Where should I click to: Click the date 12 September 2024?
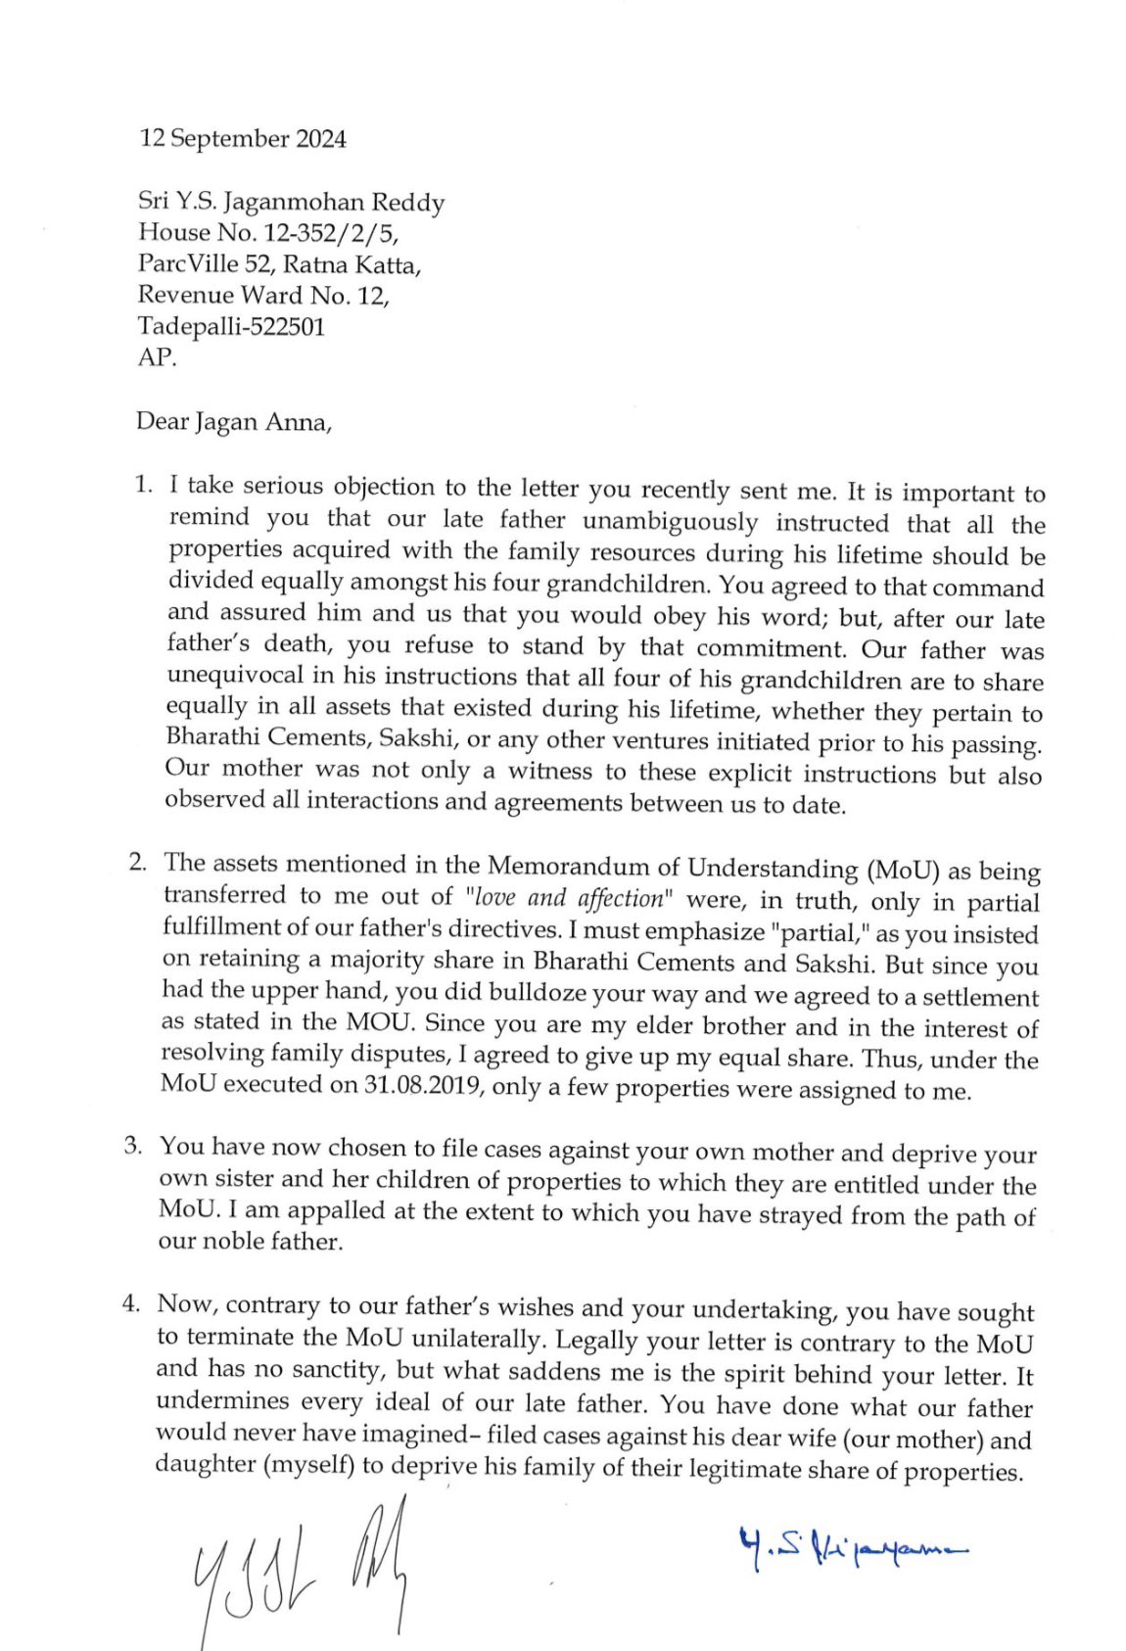pyautogui.click(x=242, y=139)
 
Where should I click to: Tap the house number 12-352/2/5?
pyautogui.click(x=327, y=233)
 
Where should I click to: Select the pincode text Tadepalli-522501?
pyautogui.click(x=231, y=326)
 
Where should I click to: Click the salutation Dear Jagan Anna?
pyautogui.click(x=234, y=422)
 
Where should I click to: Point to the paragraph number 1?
pyautogui.click(x=143, y=484)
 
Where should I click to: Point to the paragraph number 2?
pyautogui.click(x=138, y=862)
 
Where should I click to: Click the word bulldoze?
pyautogui.click(x=550, y=993)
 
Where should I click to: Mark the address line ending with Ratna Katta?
pyautogui.click(x=279, y=264)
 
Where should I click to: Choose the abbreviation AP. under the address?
pyautogui.click(x=157, y=357)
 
